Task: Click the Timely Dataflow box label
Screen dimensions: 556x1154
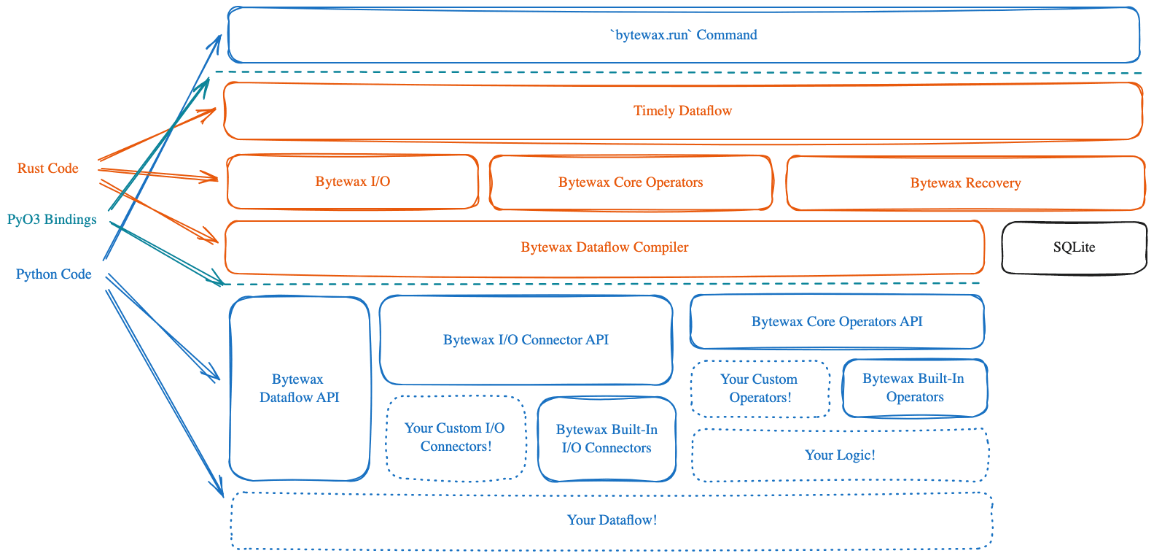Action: (682, 111)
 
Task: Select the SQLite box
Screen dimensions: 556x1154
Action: (1074, 247)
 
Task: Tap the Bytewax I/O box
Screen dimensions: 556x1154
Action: (352, 182)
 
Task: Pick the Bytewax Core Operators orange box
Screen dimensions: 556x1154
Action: (631, 182)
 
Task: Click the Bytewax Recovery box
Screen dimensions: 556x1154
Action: (965, 183)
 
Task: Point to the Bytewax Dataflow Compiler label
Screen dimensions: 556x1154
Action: (604, 247)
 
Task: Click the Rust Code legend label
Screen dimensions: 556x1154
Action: (48, 169)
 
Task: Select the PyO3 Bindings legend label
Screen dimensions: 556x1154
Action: (52, 219)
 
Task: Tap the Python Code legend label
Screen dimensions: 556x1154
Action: (54, 274)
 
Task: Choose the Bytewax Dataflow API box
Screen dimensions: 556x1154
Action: (299, 388)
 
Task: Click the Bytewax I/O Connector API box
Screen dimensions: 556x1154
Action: (526, 339)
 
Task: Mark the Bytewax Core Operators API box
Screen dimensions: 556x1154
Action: (837, 322)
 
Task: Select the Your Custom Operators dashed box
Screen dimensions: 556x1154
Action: (760, 388)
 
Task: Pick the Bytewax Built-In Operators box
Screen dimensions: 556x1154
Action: (914, 387)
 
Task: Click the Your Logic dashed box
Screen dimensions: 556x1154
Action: (840, 455)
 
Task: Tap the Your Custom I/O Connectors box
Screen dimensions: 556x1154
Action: (456, 437)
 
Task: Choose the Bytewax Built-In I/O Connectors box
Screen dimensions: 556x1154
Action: (607, 439)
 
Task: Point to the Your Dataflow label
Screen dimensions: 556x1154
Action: (612, 520)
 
